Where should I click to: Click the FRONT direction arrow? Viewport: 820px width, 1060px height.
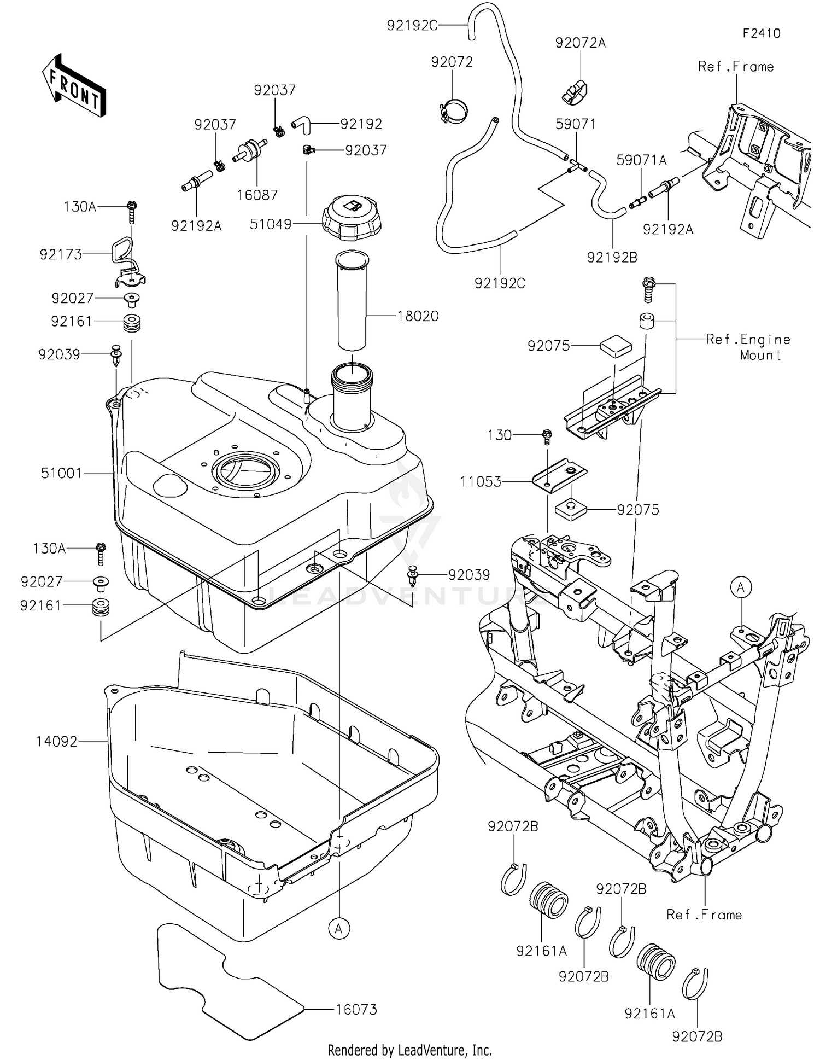tap(74, 86)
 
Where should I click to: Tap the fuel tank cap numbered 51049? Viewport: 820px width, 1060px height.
tap(353, 219)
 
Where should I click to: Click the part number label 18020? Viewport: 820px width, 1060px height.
tap(418, 316)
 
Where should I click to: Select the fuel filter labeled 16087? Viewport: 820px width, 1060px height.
tap(251, 150)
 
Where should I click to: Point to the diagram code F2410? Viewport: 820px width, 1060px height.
tap(761, 33)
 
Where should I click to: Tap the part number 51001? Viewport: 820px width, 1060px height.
tap(61, 473)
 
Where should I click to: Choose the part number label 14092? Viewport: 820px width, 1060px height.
tap(57, 742)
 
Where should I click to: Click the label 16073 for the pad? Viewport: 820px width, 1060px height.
tap(356, 1009)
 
